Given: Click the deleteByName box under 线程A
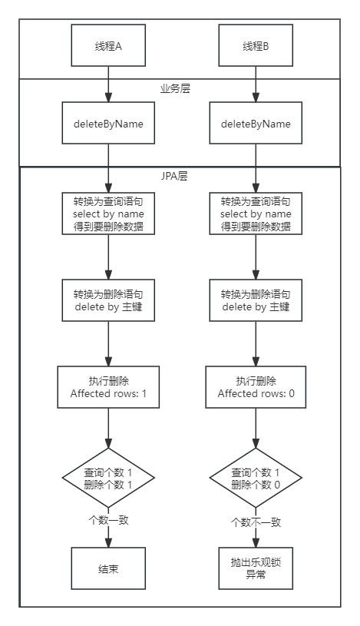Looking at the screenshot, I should pos(108,124).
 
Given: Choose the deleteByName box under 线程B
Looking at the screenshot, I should pos(256,124).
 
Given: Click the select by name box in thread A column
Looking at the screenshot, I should pos(108,214).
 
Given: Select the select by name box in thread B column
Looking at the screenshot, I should pos(256,214).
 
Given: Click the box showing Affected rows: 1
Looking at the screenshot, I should pos(108,388).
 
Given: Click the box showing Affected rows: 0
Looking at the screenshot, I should pos(256,388).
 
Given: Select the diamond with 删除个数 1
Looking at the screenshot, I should pos(108,479).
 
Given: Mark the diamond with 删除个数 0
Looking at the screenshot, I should pos(256,479).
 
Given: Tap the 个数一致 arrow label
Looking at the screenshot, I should pos(108,520).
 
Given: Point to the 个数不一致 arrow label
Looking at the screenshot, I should pos(256,522).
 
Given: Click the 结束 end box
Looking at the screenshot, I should pos(108,568).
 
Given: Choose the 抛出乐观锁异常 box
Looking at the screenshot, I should pos(256,568).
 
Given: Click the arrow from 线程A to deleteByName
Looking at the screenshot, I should pos(108,84).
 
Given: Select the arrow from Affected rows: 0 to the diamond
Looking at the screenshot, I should pos(256,430).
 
